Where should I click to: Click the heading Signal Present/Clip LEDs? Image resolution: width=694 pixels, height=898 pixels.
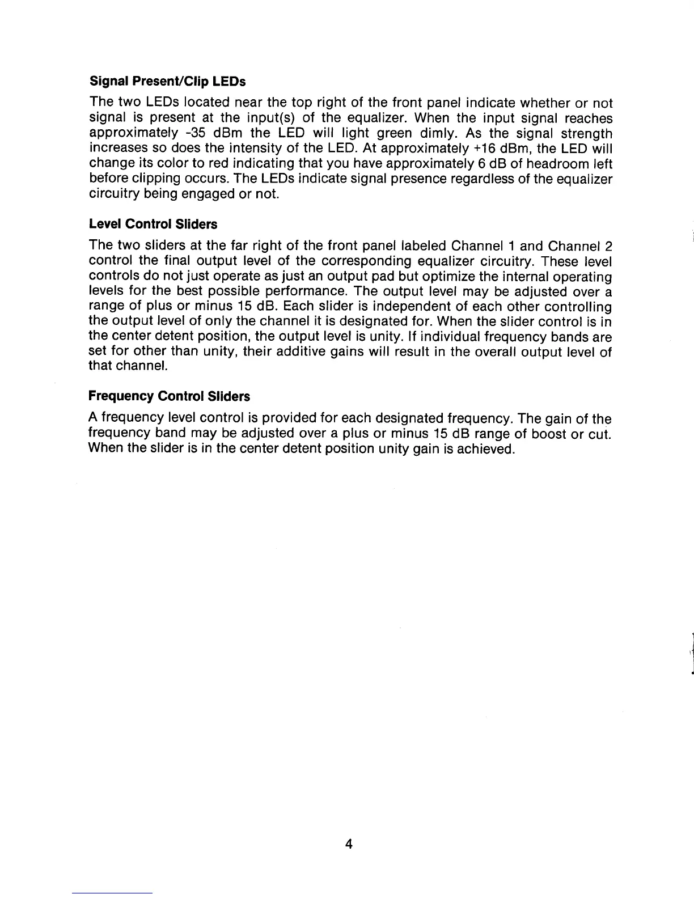click(167, 82)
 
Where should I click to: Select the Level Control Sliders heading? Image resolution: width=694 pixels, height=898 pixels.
click(153, 224)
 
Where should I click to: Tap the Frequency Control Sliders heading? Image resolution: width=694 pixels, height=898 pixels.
click(170, 395)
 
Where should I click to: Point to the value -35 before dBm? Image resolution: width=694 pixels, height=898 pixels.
click(209, 134)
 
